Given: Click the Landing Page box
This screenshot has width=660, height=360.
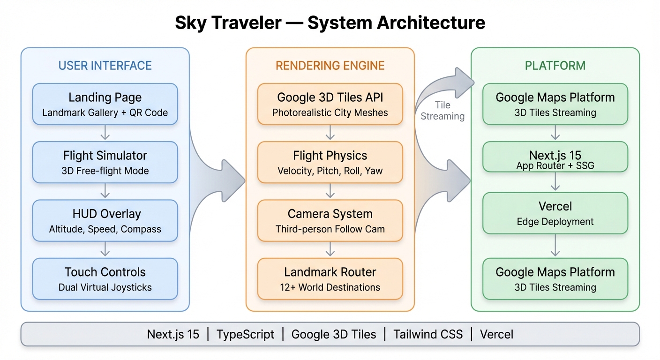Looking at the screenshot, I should (x=105, y=104).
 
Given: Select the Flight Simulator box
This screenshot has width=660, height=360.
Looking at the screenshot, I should (x=105, y=162).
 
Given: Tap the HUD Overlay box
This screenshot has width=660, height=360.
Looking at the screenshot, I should (x=105, y=220).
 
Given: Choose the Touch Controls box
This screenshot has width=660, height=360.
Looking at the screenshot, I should (x=105, y=278).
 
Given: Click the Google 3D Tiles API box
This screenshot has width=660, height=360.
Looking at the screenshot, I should (x=330, y=104).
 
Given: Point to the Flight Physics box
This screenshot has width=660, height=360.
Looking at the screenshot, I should (x=330, y=162).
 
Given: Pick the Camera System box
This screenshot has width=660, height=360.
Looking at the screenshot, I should (x=330, y=220).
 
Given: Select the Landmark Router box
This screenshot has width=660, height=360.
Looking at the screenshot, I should (x=330, y=278).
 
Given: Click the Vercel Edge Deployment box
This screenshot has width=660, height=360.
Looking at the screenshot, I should (x=555, y=213).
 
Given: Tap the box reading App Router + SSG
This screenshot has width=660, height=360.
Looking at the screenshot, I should (x=555, y=157).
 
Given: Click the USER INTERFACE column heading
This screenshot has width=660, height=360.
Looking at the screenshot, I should (x=105, y=66).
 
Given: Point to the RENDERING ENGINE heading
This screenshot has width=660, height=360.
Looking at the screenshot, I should (x=330, y=66).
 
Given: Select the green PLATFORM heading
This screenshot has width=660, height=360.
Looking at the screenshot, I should (x=555, y=66).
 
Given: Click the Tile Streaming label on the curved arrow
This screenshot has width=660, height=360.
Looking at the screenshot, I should (x=442, y=111).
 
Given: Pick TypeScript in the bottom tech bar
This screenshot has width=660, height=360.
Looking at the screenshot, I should (x=245, y=334).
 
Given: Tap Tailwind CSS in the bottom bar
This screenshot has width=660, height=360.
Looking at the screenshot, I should (x=428, y=334).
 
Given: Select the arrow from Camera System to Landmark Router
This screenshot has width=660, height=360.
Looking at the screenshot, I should (x=330, y=249).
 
